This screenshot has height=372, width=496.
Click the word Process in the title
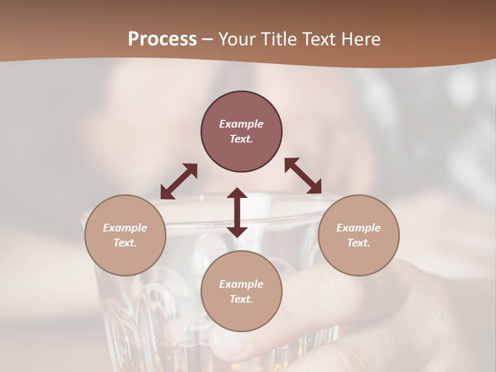[162, 39]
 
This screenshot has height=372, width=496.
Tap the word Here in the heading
[360, 39]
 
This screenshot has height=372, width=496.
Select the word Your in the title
[237, 39]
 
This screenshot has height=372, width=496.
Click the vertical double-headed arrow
[237, 212]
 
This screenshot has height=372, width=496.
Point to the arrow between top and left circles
[179, 181]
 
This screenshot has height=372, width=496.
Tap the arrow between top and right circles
[303, 176]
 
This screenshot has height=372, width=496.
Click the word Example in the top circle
[241, 124]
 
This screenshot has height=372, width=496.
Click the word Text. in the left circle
[125, 243]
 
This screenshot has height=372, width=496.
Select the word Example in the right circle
[359, 228]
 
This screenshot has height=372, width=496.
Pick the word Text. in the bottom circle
[241, 299]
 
